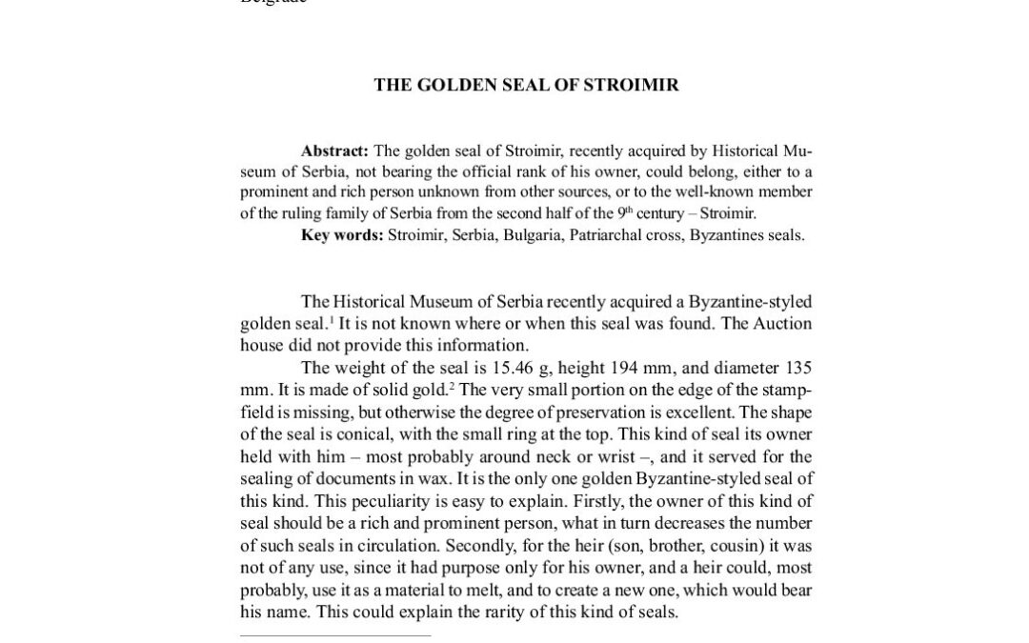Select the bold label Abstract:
pyautogui.click(x=334, y=151)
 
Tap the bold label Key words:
pyautogui.click(x=342, y=235)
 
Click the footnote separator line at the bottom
pyautogui.click(x=334, y=635)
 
